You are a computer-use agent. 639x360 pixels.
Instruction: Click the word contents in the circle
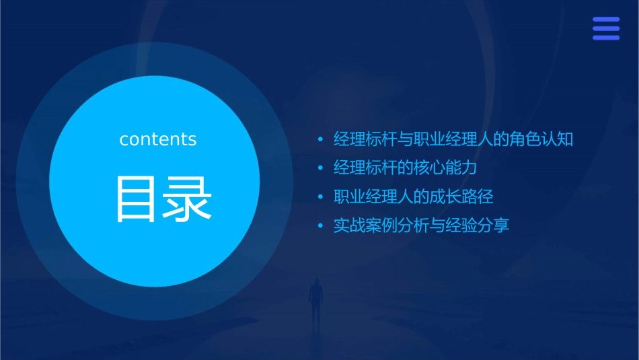click(x=158, y=139)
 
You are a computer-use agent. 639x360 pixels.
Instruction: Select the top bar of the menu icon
click(x=606, y=20)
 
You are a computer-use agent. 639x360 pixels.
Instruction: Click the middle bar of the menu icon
click(x=606, y=28)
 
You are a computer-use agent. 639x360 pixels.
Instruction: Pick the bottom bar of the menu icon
click(x=606, y=38)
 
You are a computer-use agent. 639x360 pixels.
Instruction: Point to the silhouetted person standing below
click(x=315, y=299)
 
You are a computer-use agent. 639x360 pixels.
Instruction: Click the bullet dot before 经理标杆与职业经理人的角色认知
click(x=321, y=140)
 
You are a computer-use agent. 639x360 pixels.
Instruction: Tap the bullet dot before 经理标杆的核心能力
click(x=321, y=168)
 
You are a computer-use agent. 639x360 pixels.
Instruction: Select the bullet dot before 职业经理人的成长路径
click(x=321, y=197)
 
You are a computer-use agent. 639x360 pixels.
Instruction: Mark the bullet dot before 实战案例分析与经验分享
click(x=321, y=225)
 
